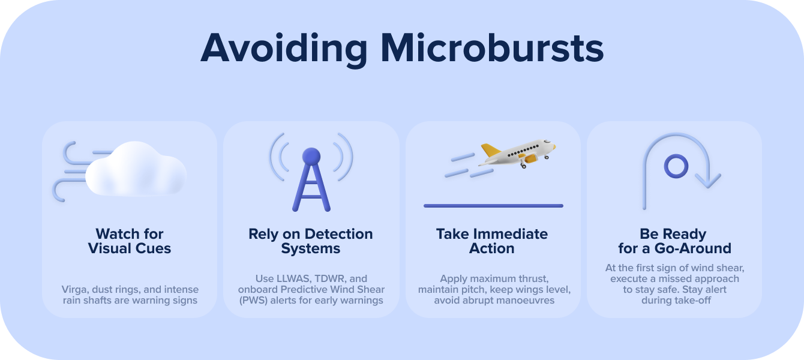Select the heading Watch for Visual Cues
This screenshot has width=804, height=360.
(130, 241)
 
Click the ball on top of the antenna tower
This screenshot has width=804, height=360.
(311, 157)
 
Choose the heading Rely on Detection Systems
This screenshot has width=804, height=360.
(311, 241)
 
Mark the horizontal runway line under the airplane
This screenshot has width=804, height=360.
(493, 206)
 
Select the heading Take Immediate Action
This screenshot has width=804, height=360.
(492, 241)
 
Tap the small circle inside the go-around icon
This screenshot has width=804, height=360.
(676, 166)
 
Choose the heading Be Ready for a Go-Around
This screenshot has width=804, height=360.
(674, 241)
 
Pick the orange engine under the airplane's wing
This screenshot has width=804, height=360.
(530, 158)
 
